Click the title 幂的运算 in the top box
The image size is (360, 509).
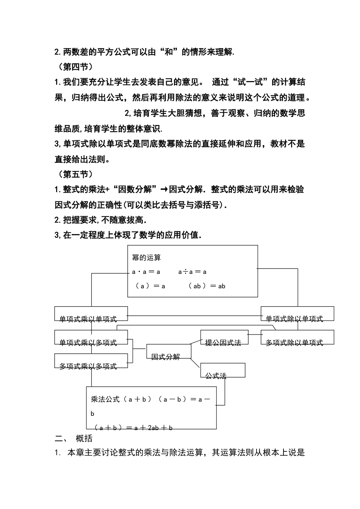coord(146,258)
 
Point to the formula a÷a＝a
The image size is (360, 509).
coord(192,272)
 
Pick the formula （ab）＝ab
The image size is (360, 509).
coord(207,286)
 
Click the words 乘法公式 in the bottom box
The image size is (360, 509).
coord(105,399)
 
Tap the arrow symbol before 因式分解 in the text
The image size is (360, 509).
coord(164,189)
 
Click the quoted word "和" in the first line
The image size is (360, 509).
coord(169,52)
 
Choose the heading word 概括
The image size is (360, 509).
coord(84,439)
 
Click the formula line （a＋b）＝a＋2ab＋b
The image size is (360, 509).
coord(133,428)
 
